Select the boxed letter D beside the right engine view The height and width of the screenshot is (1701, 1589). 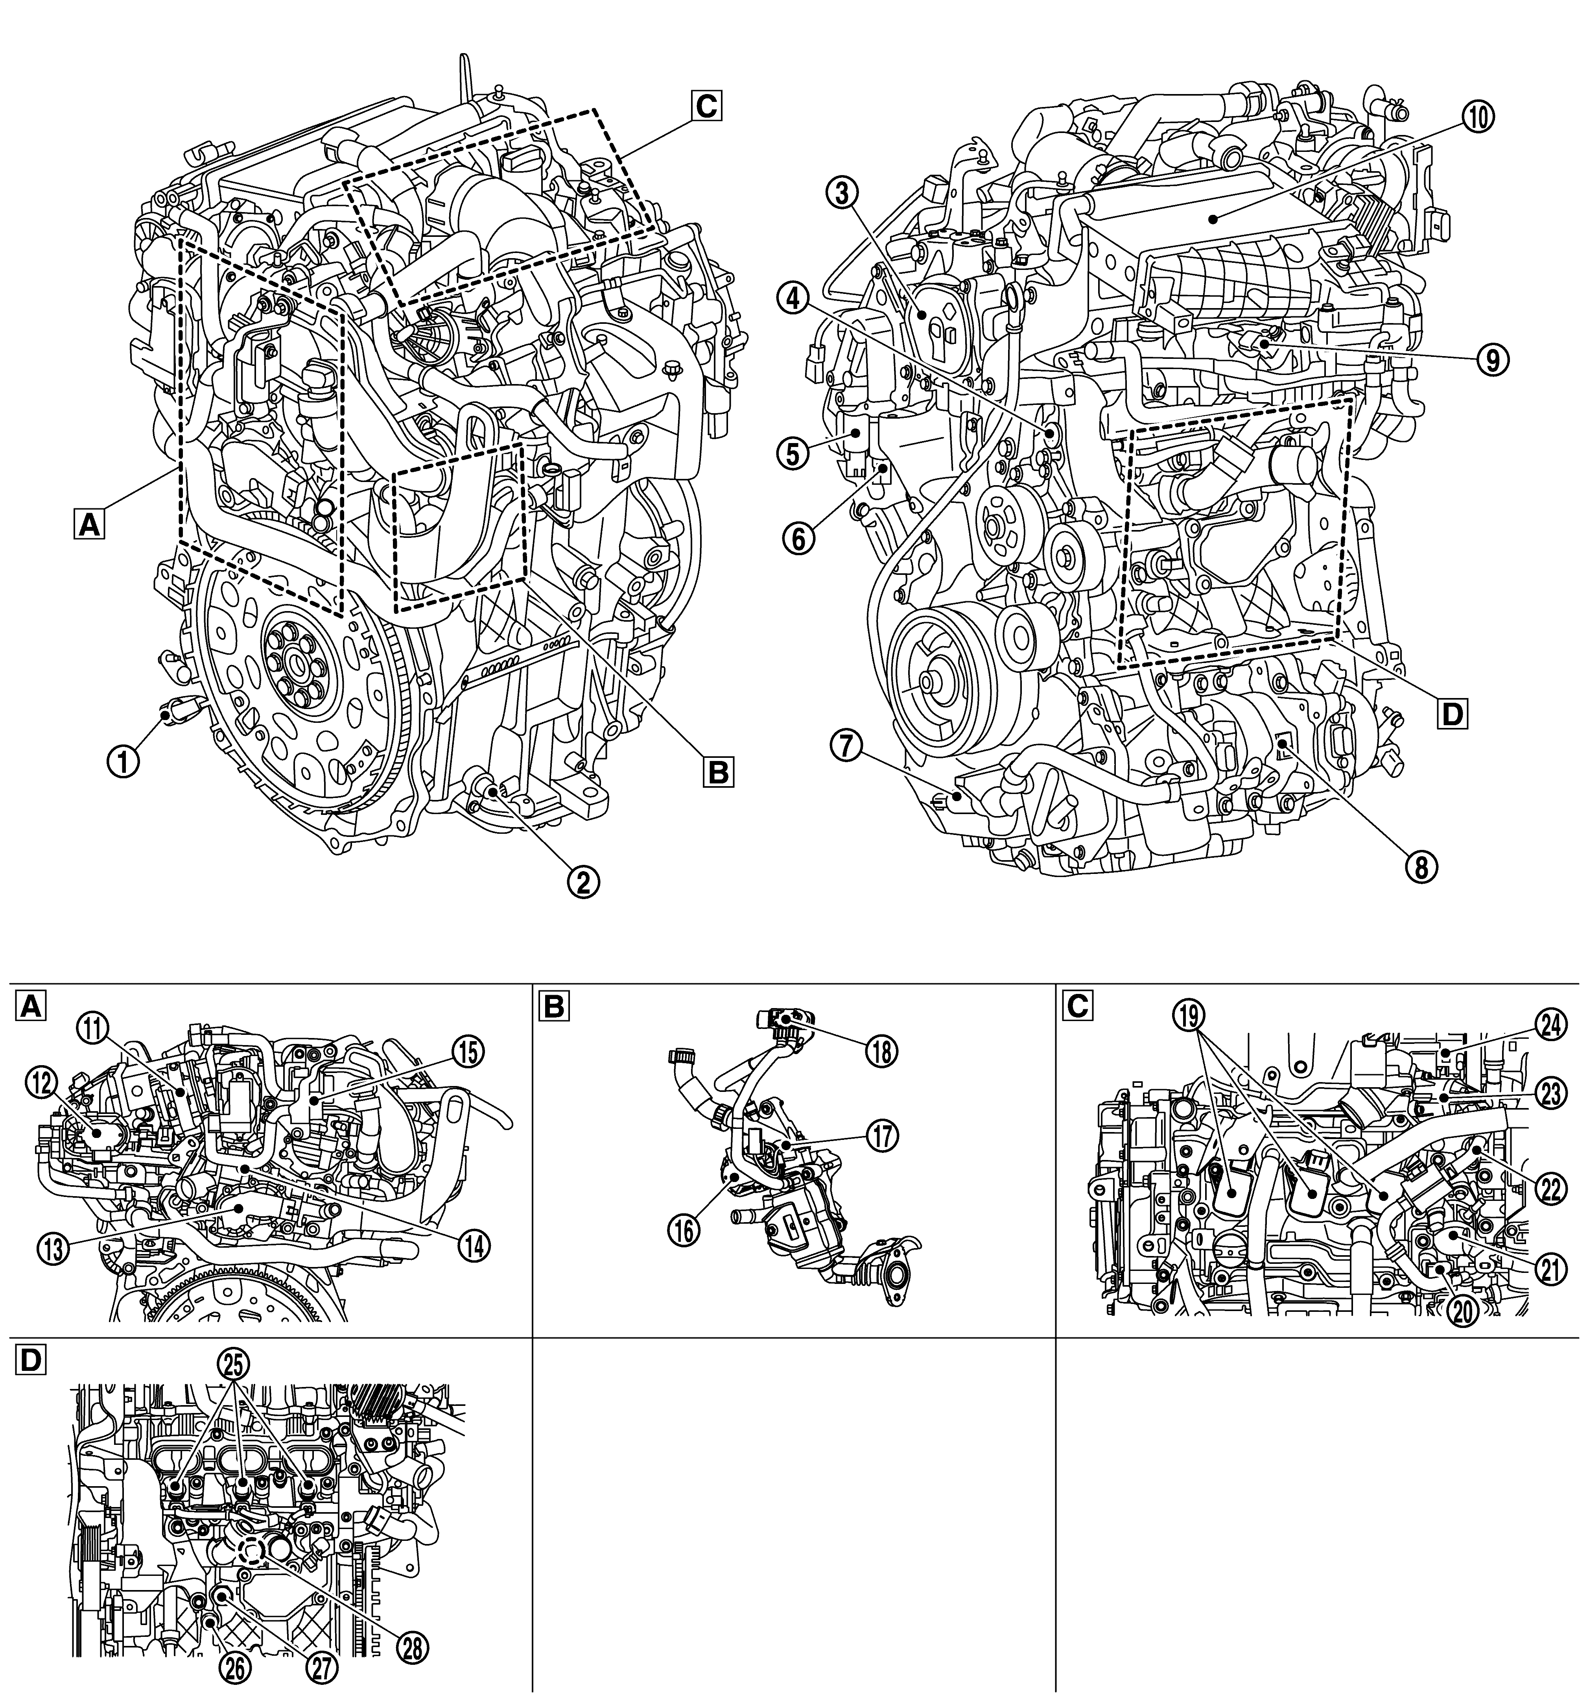pyautogui.click(x=1451, y=712)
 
